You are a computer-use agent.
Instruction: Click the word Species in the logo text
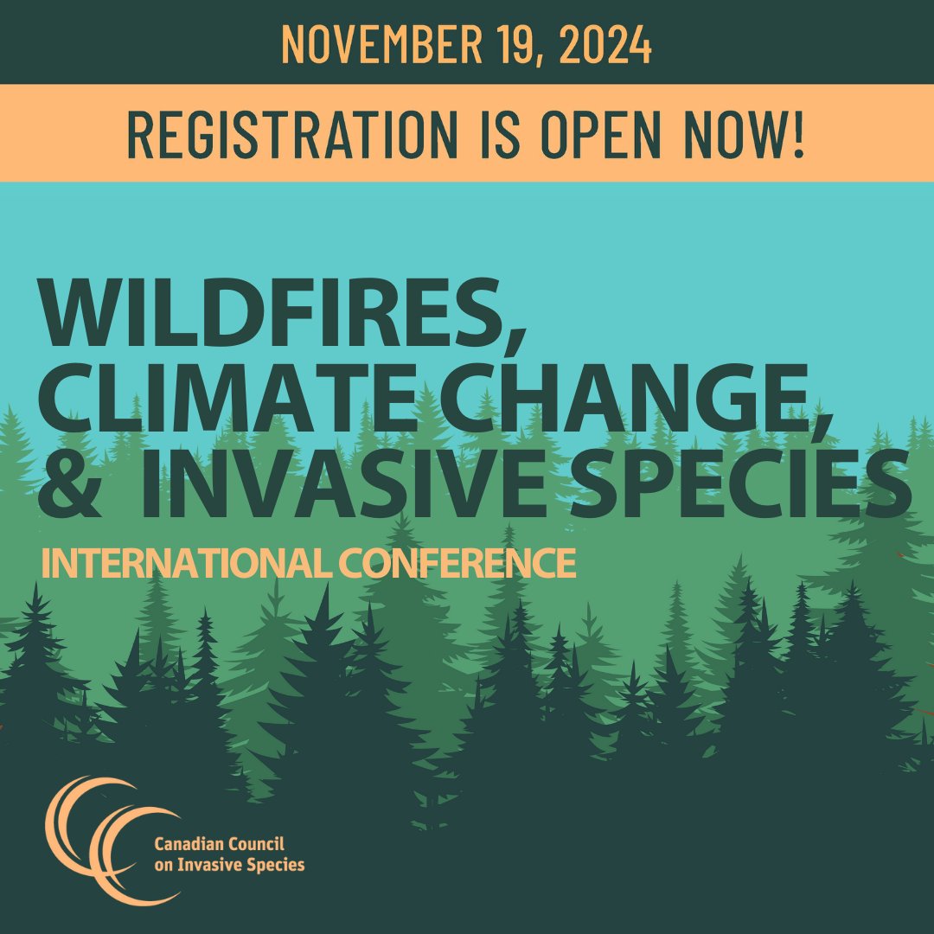[x=276, y=864]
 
